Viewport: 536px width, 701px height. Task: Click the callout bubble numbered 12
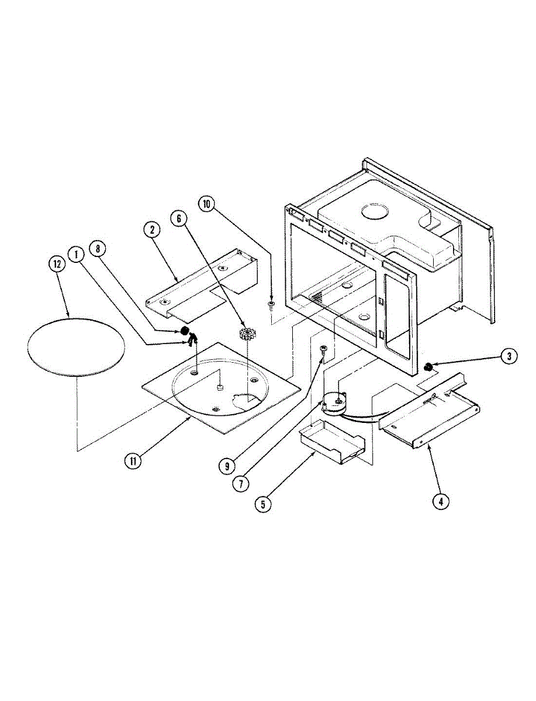(57, 264)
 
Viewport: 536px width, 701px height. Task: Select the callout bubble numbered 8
(98, 248)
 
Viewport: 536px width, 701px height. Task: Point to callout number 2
(151, 230)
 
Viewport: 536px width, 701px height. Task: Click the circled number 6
(179, 218)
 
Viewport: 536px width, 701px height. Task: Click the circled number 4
(440, 500)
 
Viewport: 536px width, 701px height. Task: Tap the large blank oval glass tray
(76, 346)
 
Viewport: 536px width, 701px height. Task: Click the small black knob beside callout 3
(428, 367)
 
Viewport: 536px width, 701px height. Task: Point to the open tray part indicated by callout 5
(330, 443)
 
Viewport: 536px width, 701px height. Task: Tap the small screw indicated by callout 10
(271, 304)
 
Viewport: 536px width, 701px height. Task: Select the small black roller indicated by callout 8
(185, 331)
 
